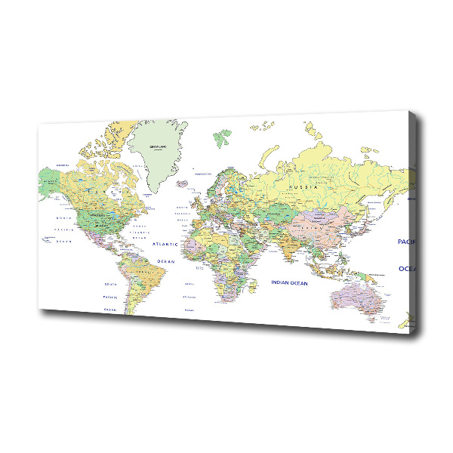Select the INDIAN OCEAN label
point(289,282)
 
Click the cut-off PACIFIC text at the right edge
point(406,242)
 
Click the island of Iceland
point(181,182)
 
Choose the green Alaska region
point(50,181)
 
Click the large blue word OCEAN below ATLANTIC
point(165,261)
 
